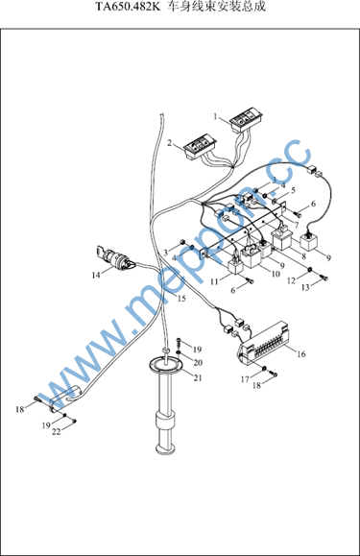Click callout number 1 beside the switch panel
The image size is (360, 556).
(x=215, y=116)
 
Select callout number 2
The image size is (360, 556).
(x=170, y=143)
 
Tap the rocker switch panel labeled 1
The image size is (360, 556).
(x=247, y=122)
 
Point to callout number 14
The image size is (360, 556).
(x=96, y=275)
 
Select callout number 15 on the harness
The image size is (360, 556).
(x=181, y=299)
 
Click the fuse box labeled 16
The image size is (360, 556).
(x=264, y=343)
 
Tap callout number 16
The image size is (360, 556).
(x=301, y=354)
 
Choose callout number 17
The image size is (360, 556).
(x=245, y=379)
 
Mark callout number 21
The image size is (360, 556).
(x=198, y=377)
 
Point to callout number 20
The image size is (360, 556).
(x=198, y=362)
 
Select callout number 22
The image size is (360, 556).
(x=57, y=431)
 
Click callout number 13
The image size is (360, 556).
(x=305, y=287)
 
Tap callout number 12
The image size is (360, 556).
(x=291, y=280)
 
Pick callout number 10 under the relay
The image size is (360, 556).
(x=276, y=274)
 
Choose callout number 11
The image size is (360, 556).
(x=214, y=281)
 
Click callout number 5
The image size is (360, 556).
(x=293, y=190)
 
